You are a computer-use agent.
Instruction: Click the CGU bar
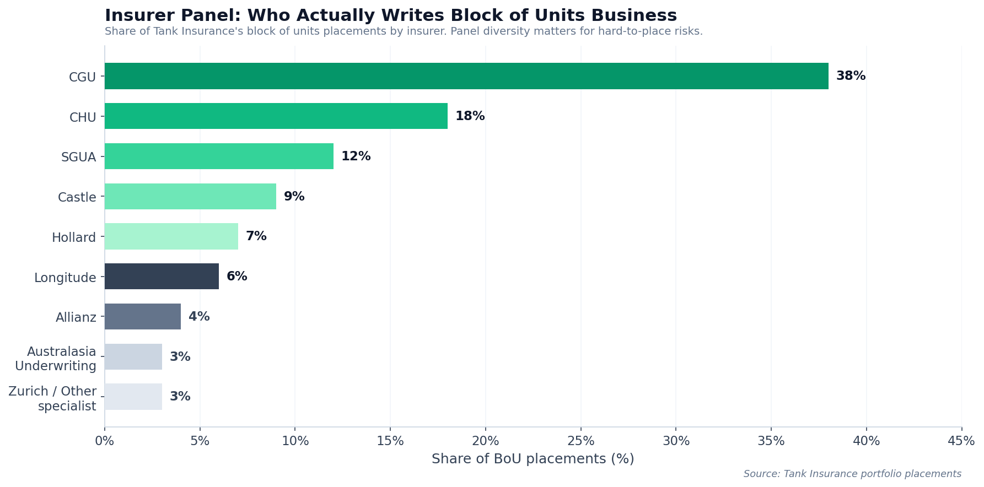[x=466, y=76]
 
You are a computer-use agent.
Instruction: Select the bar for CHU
[x=276, y=116]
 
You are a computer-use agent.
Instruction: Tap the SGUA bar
[x=219, y=156]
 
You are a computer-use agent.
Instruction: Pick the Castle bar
[x=190, y=197]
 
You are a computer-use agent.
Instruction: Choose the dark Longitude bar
[x=162, y=277]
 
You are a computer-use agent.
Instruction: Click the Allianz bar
[x=143, y=317]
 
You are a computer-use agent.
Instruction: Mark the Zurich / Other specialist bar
[x=133, y=397]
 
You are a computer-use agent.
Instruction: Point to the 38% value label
[x=851, y=76]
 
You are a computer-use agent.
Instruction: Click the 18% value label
[x=470, y=116]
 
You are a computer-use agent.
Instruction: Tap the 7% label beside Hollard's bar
[x=256, y=236]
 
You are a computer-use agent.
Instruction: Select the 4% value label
[x=199, y=317]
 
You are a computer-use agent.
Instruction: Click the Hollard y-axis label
[x=74, y=237]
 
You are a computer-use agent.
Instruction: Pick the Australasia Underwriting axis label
[x=56, y=359]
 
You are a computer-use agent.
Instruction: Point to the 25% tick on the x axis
[x=581, y=441]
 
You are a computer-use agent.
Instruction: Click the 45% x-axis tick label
[x=961, y=441]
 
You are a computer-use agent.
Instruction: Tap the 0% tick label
[x=105, y=441]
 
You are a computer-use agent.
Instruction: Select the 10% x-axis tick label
[x=295, y=441]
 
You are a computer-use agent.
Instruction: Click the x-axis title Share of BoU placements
[x=533, y=459]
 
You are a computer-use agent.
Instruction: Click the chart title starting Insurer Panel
[x=390, y=15]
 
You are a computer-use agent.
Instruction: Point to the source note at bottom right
[x=852, y=474]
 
